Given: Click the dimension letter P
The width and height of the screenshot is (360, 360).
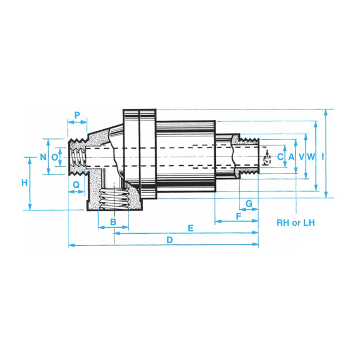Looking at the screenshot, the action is pos(77,114).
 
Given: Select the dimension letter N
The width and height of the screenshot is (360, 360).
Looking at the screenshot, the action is pos(43,157).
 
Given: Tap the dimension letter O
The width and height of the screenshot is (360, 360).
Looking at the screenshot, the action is pos(55,157).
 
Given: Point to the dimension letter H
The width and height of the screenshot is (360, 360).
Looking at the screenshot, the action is pos(24,183).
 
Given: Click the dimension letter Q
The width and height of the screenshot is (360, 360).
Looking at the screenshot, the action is pos(76,184).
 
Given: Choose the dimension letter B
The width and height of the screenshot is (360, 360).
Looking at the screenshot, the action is pos(113,222).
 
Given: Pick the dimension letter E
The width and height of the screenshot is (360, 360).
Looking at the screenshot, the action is pos(190,228).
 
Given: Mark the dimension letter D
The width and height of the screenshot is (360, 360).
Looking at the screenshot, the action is pos(170,240).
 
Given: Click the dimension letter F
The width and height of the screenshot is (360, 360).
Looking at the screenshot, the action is pos(239,216).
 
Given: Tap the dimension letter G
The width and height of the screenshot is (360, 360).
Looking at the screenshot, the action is pos(249,204).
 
